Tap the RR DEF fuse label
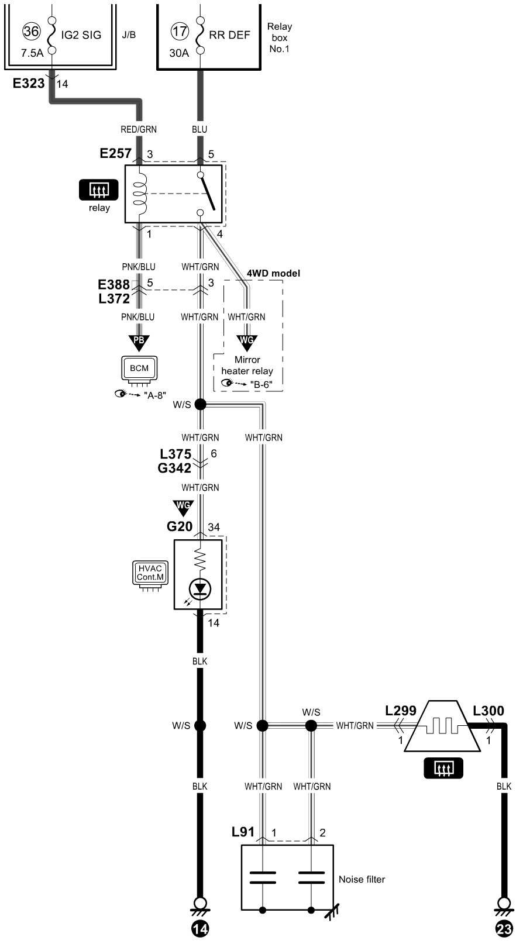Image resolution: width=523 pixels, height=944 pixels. point(230,35)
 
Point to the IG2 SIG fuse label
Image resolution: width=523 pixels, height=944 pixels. point(81,35)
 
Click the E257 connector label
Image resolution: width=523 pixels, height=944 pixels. point(116,154)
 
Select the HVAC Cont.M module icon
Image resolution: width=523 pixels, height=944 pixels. point(150,573)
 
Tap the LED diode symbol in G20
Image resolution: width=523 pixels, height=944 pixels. point(200,588)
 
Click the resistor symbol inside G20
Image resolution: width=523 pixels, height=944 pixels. point(200,559)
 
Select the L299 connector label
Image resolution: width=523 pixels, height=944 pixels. point(401,711)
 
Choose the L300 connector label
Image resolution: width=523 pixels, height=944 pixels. point(488,711)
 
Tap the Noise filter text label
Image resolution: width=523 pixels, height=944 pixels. point(362,879)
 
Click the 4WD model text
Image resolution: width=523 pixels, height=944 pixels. point(273,273)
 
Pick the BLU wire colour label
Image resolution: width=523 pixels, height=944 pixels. point(199,129)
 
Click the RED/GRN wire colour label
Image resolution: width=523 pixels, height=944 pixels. point(139,129)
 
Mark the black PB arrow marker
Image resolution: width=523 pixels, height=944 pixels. point(139,342)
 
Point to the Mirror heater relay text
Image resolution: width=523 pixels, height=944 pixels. point(247,365)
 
